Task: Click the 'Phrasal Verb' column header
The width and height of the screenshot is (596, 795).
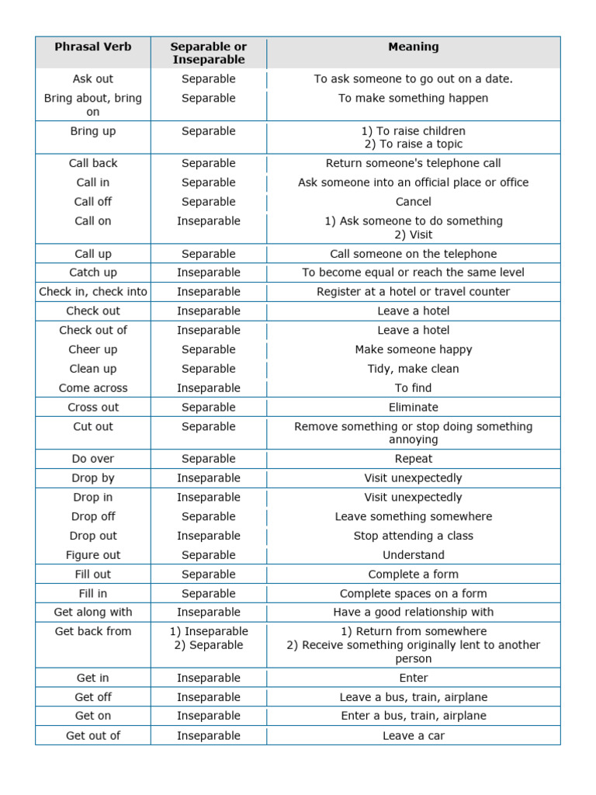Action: (x=93, y=47)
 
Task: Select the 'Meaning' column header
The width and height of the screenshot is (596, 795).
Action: (x=414, y=47)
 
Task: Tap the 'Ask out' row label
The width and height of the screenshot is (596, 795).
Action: (x=93, y=78)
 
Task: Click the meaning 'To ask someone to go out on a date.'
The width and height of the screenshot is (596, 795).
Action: (x=414, y=78)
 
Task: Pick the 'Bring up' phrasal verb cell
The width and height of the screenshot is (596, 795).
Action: (x=93, y=131)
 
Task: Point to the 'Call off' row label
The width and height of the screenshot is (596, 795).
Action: (x=93, y=202)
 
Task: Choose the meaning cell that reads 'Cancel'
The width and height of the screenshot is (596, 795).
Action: (x=414, y=202)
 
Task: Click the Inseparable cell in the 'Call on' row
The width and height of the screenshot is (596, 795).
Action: (x=209, y=221)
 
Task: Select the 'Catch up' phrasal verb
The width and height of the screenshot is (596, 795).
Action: (x=93, y=273)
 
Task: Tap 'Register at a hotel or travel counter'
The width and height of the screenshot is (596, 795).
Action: (x=414, y=292)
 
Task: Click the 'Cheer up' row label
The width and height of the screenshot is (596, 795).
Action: (x=93, y=349)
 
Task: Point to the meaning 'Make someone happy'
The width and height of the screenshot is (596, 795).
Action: (x=414, y=349)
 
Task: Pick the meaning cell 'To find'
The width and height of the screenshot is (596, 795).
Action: (x=414, y=388)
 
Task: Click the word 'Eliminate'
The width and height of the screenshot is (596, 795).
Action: (x=414, y=407)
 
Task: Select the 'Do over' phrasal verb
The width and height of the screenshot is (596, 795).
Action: (x=93, y=459)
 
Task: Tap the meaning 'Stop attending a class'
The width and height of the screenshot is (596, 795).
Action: (x=414, y=536)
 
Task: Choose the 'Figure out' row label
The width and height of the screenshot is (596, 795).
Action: (x=93, y=555)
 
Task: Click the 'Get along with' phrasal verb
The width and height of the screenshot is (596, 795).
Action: (x=93, y=612)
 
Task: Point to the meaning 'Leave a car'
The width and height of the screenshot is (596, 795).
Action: (x=414, y=735)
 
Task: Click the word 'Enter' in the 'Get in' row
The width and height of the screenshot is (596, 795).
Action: (x=414, y=678)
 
